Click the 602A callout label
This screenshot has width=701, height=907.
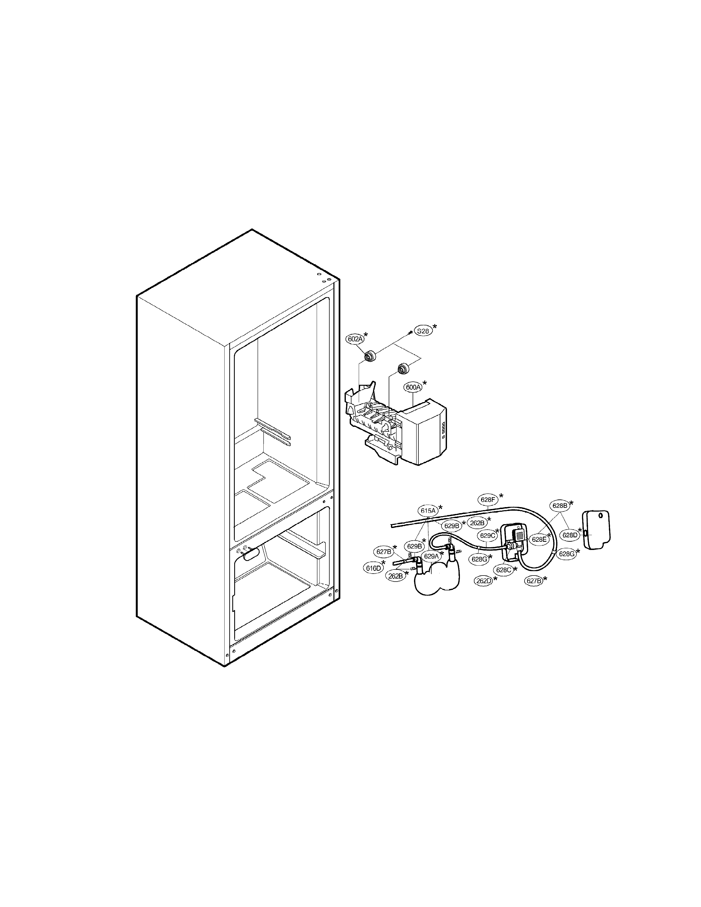point(355,339)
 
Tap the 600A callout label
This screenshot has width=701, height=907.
point(413,387)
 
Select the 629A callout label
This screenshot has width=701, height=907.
point(431,556)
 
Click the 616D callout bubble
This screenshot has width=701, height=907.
point(373,568)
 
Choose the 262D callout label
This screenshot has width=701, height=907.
point(484,581)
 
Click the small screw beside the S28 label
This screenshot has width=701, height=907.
point(410,331)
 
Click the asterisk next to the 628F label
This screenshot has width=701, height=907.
point(501,496)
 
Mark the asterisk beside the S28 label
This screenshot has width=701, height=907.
point(435,327)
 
